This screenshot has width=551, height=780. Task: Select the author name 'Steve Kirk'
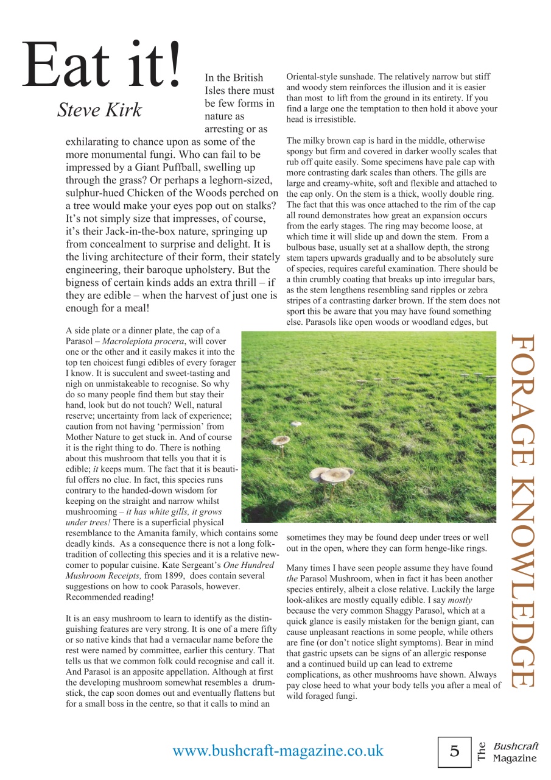[x=99, y=110]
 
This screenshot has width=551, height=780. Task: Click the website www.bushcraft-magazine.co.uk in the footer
[x=278, y=750]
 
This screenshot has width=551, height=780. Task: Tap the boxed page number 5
[x=455, y=751]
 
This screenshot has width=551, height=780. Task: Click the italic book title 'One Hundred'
[x=248, y=564]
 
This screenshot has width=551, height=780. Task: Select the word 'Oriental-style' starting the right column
[x=314, y=77]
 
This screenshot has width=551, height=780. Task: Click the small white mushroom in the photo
[x=296, y=424]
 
